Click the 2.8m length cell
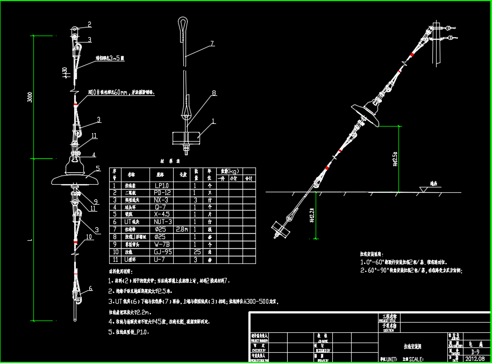(182, 229)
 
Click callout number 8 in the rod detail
(213, 93)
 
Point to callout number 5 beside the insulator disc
(98, 168)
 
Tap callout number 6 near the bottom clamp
(90, 289)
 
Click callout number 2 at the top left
(89, 24)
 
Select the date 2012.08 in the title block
(475, 358)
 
